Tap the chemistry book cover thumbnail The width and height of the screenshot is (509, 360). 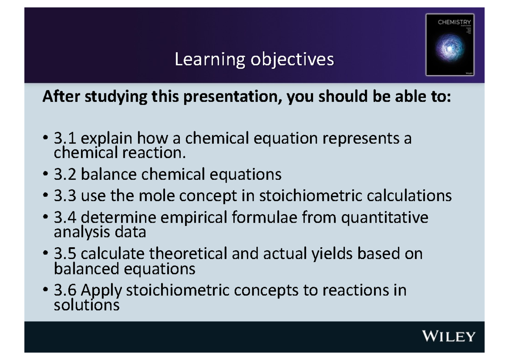[x=450, y=45]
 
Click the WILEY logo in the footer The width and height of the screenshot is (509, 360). [x=448, y=337]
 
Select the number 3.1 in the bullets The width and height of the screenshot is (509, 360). [x=66, y=138]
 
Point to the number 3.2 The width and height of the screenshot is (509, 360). [x=66, y=174]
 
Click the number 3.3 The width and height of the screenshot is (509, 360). [x=66, y=196]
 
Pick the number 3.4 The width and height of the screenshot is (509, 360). [x=66, y=218]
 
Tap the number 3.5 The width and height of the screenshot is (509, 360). [x=66, y=254]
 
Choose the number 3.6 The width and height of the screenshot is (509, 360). [x=66, y=290]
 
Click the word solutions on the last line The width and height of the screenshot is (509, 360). [x=87, y=305]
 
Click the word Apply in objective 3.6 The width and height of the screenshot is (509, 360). [x=101, y=291]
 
